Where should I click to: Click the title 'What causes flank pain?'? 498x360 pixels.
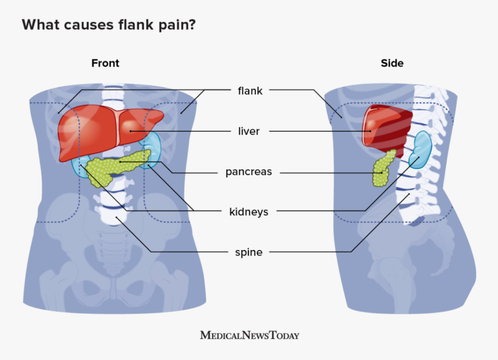point(108,24)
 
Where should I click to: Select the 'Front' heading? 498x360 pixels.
point(105,63)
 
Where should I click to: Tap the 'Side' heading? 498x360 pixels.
point(392,63)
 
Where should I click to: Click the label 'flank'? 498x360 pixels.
point(250,91)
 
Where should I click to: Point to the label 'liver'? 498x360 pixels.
point(249,131)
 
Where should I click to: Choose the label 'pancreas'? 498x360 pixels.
point(249,171)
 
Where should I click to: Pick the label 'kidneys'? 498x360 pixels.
point(249,212)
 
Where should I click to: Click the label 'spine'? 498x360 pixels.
point(249,252)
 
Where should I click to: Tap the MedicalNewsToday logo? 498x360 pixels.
point(249,335)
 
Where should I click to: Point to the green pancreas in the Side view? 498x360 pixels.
point(383,169)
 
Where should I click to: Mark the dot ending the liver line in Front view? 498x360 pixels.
point(130,131)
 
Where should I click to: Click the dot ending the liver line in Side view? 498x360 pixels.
point(370,131)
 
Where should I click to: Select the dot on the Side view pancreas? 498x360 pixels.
point(382,172)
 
